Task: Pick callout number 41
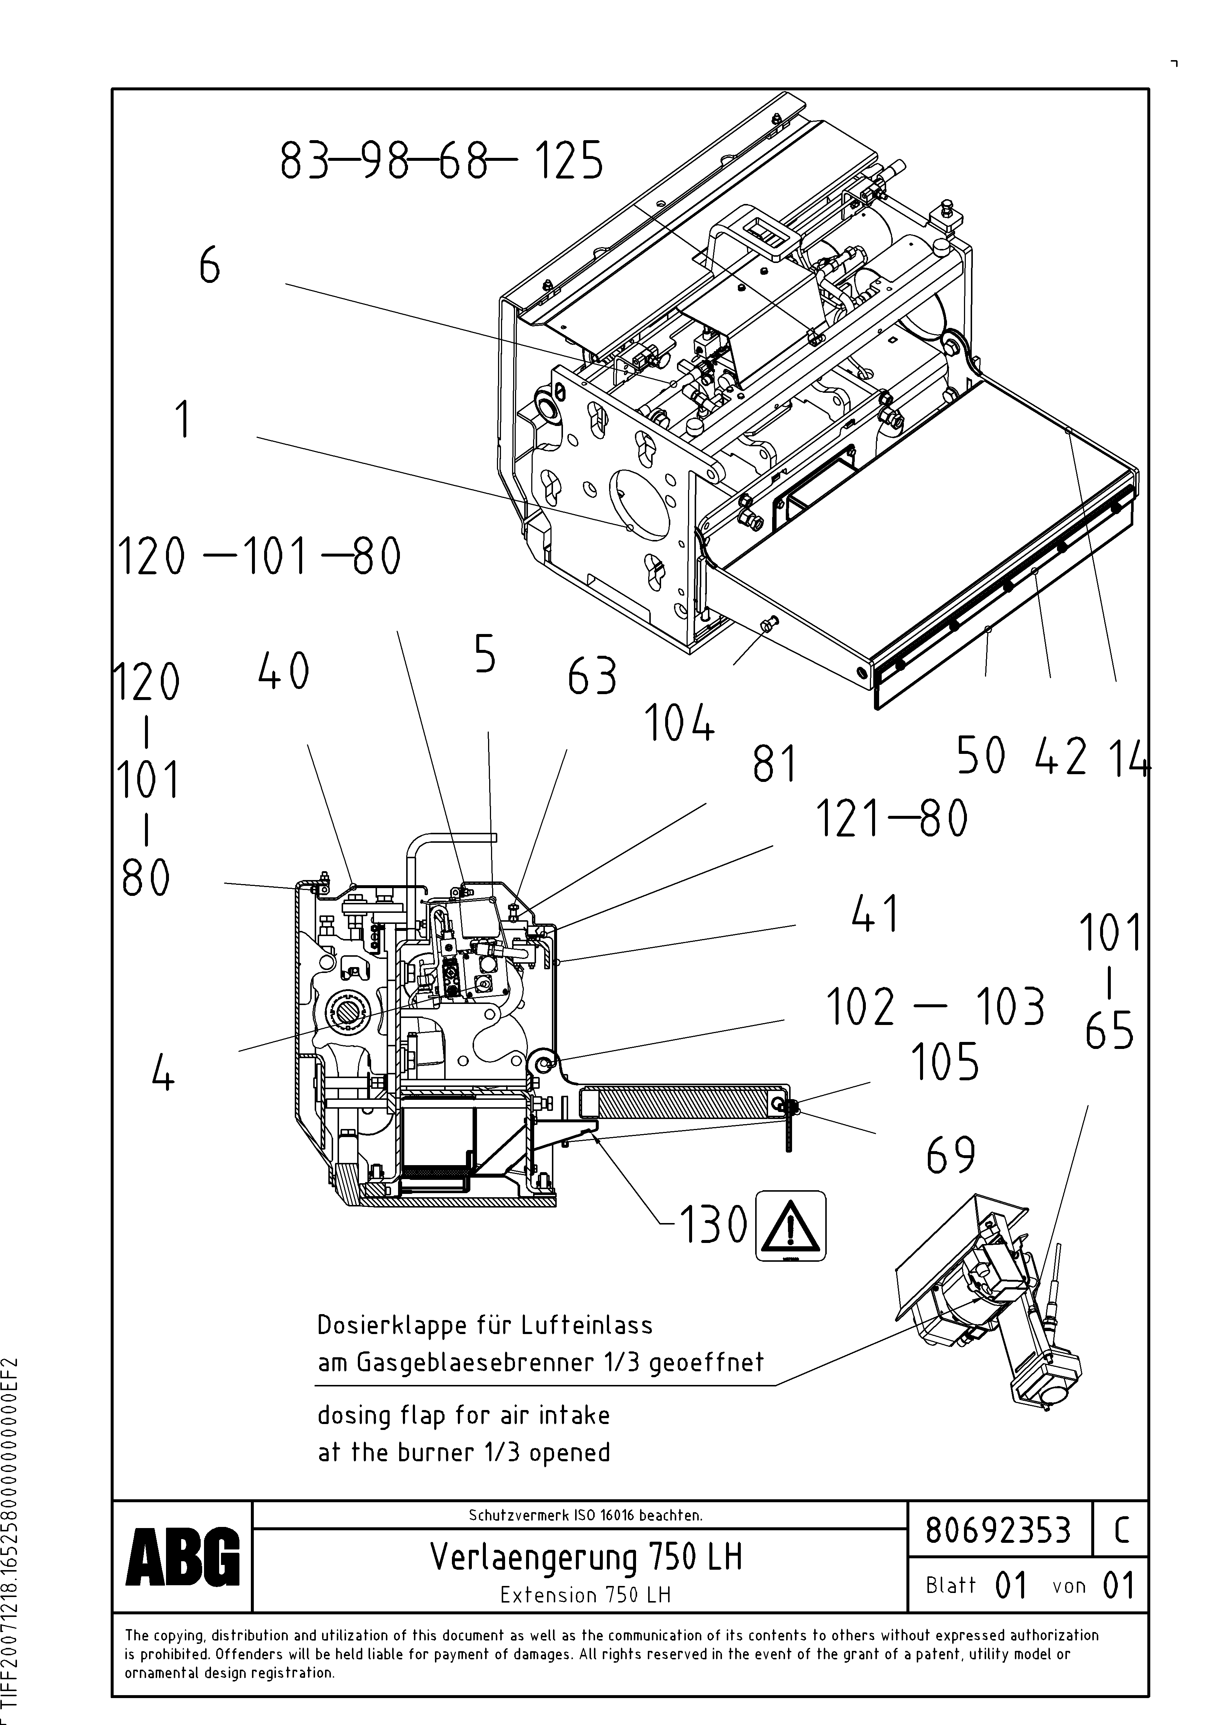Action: tap(876, 915)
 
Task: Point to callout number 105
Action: tap(944, 1061)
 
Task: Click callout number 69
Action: tap(950, 1155)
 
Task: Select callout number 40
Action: tap(283, 671)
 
